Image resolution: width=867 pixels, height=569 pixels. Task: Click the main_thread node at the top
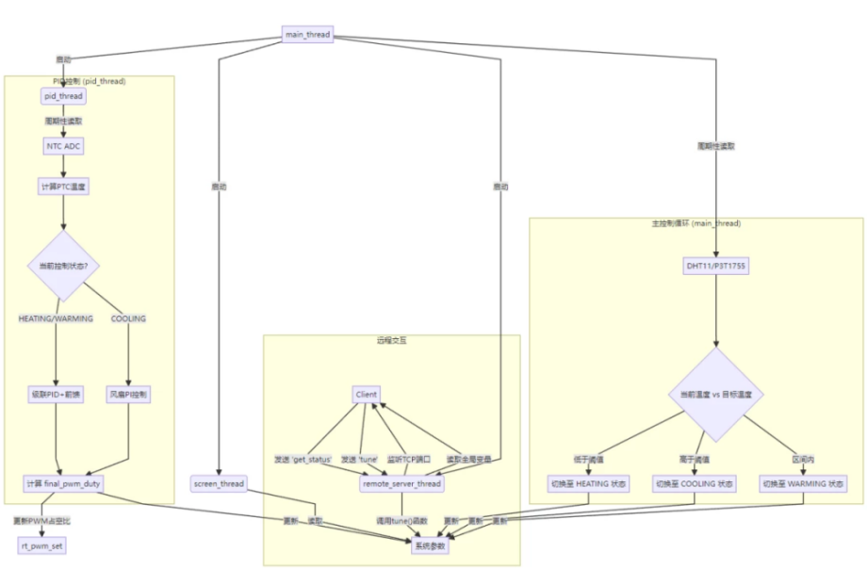click(x=307, y=35)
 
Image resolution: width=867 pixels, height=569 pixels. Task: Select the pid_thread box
click(x=63, y=96)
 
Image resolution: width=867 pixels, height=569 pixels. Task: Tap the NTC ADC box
click(x=63, y=146)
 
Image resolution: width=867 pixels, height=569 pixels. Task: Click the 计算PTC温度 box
click(x=63, y=187)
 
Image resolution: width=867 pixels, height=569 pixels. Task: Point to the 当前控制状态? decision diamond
click(x=63, y=268)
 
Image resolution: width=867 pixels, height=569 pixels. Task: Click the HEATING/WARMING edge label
click(x=56, y=318)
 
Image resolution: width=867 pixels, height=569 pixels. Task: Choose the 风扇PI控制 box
click(x=129, y=396)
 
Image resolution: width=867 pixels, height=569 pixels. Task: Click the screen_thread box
click(x=219, y=483)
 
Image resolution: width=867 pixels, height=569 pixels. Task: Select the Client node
click(x=368, y=395)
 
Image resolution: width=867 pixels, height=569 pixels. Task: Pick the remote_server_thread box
click(x=402, y=483)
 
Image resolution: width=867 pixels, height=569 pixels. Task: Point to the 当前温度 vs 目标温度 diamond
click(x=715, y=395)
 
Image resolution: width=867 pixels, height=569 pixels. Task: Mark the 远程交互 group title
click(x=391, y=340)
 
